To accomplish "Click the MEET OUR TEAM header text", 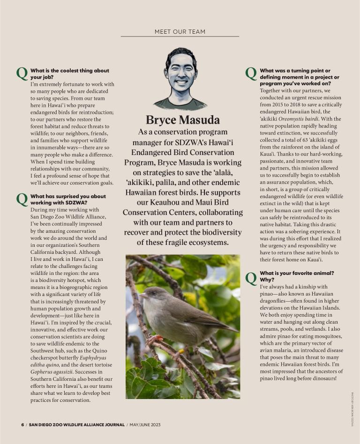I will coord(180,32).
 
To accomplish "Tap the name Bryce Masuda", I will coord(182,120).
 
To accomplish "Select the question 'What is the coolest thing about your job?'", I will coord(69,74).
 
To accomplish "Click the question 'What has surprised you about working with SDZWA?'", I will coord(68,200).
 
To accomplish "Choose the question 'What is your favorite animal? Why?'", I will coord(297,276).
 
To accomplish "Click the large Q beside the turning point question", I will coord(251,74).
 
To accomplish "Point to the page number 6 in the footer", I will coord(22,425).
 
